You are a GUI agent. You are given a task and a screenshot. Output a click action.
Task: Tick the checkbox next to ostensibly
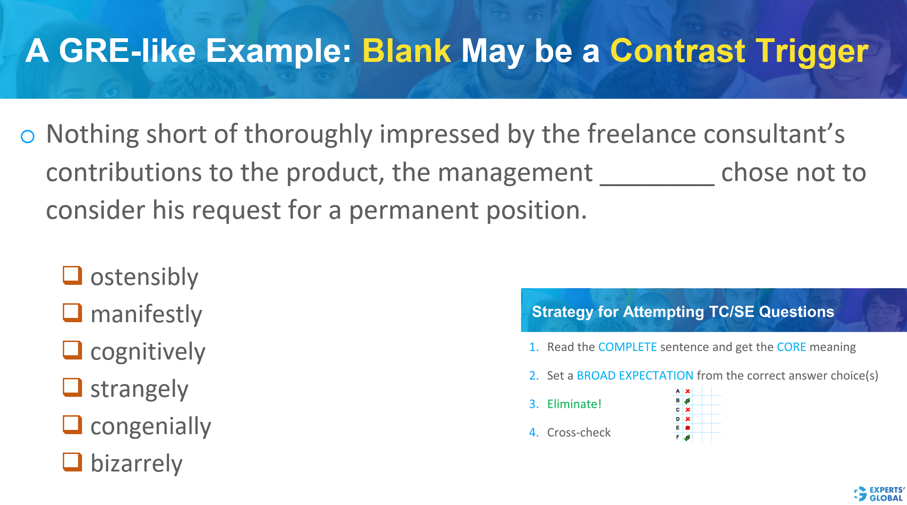point(72,275)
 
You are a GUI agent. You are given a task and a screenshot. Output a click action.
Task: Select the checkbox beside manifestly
point(72,313)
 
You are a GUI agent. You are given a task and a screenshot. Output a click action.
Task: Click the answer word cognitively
point(147,352)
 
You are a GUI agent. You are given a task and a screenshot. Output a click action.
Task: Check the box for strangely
point(72,387)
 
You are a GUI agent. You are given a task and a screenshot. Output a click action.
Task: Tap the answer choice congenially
point(150,427)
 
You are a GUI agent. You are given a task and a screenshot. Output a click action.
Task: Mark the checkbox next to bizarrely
point(72,462)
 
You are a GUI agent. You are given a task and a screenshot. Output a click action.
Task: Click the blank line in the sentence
point(657,180)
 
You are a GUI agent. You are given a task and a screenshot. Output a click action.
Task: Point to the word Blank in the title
point(406,51)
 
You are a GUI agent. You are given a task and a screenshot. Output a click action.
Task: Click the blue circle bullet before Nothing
point(28,137)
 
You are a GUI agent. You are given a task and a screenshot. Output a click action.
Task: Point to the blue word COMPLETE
point(627,347)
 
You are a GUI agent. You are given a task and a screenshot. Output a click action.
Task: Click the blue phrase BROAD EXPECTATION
point(634,376)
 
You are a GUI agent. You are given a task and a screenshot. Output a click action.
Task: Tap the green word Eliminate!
point(574,404)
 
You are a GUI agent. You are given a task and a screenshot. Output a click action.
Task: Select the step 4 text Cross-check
point(579,432)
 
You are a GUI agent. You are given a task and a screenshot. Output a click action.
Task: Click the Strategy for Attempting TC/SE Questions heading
point(683,312)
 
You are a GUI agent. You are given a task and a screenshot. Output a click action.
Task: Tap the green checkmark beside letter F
point(687,438)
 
